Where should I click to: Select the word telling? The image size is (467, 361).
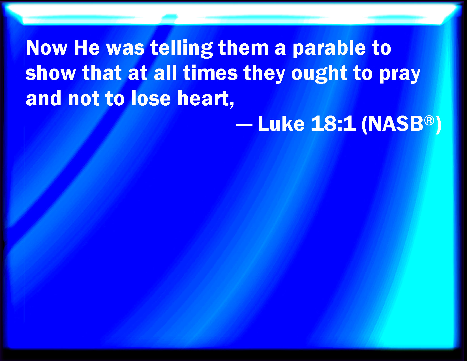182,49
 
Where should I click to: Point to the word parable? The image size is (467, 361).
329,49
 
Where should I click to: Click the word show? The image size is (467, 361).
50,73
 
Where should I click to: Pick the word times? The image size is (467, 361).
210,73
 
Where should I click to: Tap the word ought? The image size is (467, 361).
319,74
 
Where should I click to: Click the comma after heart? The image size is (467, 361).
232,105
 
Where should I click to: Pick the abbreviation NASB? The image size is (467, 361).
395,124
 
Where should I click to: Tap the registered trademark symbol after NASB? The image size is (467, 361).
429,120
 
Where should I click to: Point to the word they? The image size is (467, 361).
264,74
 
